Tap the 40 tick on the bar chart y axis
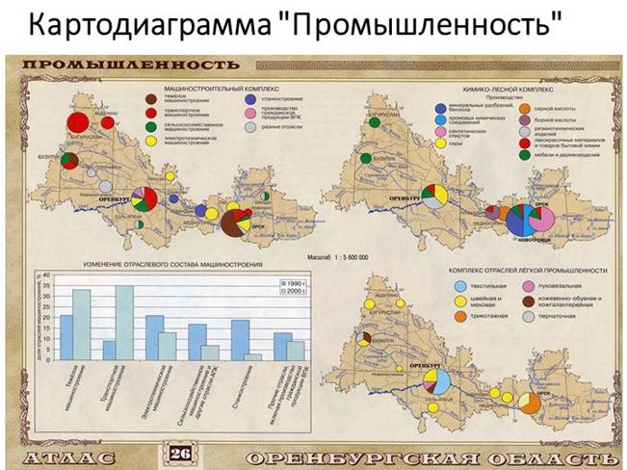(x=43, y=275)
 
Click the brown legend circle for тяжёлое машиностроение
(x=151, y=98)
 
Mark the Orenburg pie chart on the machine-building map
(x=144, y=200)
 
